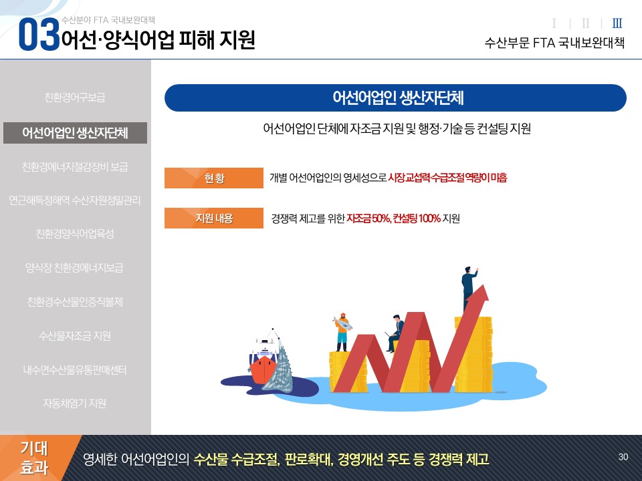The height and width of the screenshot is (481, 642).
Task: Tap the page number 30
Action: click(623, 457)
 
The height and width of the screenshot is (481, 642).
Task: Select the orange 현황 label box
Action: click(214, 178)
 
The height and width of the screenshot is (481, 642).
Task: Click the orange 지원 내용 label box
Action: click(214, 218)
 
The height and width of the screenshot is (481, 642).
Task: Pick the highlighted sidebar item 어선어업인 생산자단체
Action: click(75, 133)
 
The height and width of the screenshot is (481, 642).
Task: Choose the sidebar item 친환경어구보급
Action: click(75, 98)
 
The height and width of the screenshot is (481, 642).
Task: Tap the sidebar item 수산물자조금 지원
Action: click(75, 336)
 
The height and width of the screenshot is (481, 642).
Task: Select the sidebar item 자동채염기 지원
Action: click(75, 404)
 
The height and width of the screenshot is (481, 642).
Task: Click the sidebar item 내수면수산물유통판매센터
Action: click(75, 369)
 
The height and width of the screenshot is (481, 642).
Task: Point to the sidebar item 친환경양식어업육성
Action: click(75, 234)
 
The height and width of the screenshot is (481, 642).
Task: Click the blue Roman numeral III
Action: click(617, 23)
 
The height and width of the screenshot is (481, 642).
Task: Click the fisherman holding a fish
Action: click(342, 332)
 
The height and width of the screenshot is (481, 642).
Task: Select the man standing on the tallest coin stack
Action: click(469, 289)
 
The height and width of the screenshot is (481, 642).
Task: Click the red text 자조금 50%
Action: click(368, 218)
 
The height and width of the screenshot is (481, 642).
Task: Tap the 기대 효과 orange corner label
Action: click(35, 458)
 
